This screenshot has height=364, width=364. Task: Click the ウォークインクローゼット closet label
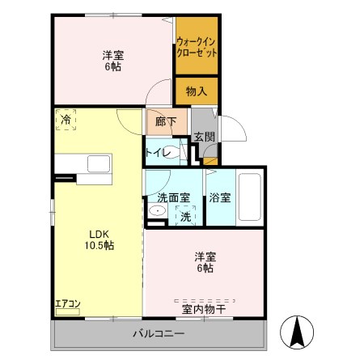coord(197,45)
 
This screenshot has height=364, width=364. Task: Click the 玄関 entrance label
coord(204,138)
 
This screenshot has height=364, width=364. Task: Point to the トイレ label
coord(156,153)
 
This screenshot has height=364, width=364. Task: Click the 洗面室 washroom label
coord(172,197)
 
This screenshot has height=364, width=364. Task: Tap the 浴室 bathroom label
coord(218,197)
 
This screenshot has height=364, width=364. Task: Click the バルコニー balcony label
coord(159,334)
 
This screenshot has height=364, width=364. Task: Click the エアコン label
coord(67,304)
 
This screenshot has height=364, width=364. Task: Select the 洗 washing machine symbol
coord(185,217)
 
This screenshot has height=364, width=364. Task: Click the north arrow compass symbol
coord(296,330)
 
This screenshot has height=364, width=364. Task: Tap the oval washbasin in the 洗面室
coord(157,212)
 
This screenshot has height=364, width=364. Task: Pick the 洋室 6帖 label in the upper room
coord(113,61)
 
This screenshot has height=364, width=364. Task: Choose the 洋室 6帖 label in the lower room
coord(204,262)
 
